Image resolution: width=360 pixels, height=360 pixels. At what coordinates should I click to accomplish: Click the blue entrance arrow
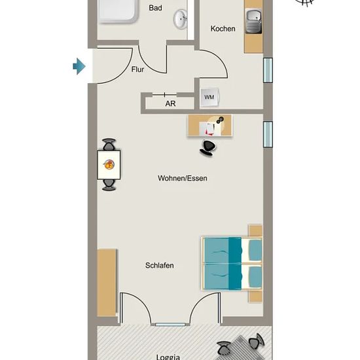point(79,66)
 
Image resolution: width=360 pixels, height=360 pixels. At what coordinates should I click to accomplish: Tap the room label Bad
point(155,8)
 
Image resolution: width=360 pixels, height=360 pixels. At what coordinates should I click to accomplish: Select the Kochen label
point(223,29)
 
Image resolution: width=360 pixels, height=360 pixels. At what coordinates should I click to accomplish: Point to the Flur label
point(137,69)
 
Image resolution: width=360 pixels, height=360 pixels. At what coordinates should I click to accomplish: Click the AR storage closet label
point(170,104)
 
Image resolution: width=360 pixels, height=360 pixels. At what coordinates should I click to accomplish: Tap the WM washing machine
point(209,98)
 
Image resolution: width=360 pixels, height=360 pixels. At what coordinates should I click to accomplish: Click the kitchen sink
point(254,21)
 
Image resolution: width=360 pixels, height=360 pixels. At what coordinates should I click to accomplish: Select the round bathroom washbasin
point(181,19)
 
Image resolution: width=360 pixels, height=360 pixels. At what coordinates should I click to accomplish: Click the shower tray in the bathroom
point(118,11)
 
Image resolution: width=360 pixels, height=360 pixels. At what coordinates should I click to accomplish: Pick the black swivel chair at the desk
point(208,148)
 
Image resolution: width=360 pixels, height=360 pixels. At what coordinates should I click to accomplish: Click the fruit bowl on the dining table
point(109,164)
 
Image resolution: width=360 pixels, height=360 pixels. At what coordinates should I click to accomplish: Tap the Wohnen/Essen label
point(183,178)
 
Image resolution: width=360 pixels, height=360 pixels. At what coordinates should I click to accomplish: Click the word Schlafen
point(159,265)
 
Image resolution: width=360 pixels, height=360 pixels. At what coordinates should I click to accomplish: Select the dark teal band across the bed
point(235,263)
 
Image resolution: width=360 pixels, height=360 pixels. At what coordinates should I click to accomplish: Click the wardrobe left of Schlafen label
point(107,283)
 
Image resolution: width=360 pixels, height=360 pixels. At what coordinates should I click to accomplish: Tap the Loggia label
point(168,357)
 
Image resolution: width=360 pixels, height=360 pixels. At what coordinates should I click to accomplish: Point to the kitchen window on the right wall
point(268,70)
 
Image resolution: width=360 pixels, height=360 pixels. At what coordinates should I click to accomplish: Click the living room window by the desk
point(268,134)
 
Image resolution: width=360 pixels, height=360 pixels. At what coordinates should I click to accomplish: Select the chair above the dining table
point(109,145)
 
